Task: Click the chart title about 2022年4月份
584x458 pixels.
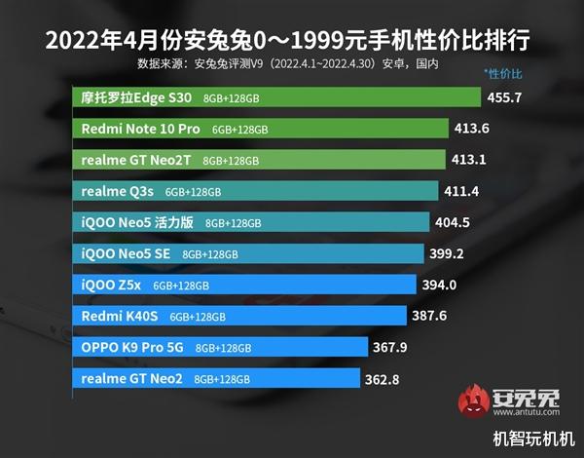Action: coord(291,42)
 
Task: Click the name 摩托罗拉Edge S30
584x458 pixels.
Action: coord(136,97)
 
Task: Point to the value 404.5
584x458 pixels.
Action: coord(453,222)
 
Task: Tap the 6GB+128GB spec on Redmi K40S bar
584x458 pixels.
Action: coord(198,317)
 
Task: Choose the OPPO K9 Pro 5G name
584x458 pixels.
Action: coord(133,347)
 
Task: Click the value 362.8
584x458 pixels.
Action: coord(384,378)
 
